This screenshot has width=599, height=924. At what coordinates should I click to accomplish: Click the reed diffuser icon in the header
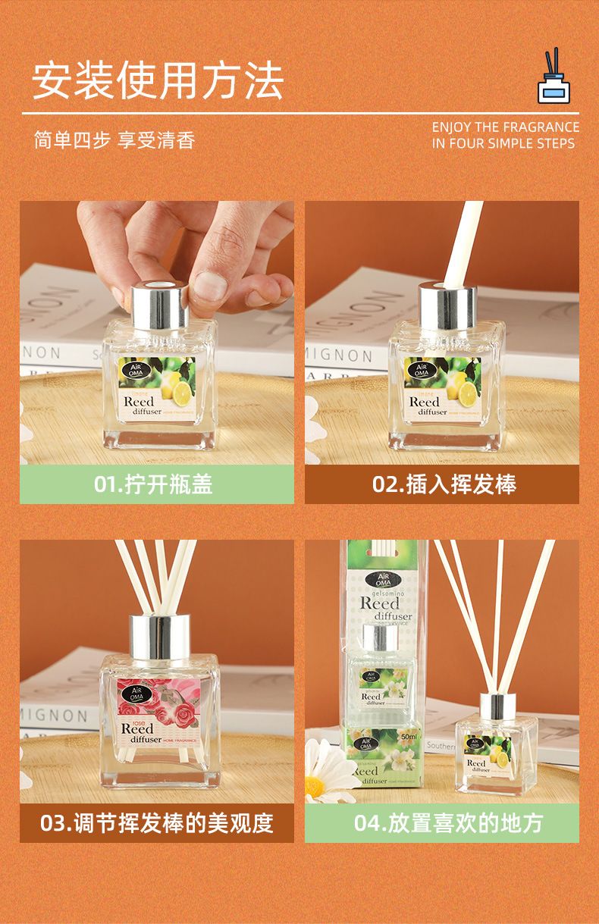click(x=554, y=77)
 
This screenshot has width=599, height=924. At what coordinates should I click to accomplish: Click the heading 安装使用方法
click(x=158, y=80)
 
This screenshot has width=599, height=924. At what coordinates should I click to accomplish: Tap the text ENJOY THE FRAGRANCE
click(x=506, y=127)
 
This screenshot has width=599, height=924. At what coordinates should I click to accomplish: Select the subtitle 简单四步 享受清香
click(x=114, y=141)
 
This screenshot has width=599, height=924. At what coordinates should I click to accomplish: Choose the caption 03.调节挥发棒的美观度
click(x=157, y=822)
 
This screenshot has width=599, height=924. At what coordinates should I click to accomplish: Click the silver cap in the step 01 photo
click(x=159, y=306)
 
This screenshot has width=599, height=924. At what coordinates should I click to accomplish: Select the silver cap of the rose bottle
click(x=159, y=635)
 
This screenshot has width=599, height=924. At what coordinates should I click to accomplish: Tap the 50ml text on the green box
click(x=409, y=736)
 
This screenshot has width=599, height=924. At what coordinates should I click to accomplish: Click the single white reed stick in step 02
click(x=461, y=243)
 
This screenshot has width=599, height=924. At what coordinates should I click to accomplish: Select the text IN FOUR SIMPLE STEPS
click(x=503, y=143)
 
